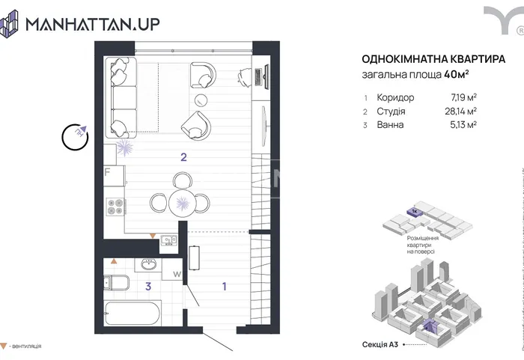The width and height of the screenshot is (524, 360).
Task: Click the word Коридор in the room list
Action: click(x=397, y=97)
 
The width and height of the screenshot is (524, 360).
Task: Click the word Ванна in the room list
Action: click(x=392, y=125)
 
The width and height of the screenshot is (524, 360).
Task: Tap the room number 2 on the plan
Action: click(x=182, y=156)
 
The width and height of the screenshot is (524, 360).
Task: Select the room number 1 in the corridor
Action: click(x=224, y=286)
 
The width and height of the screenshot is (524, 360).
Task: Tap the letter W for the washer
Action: click(x=177, y=275)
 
